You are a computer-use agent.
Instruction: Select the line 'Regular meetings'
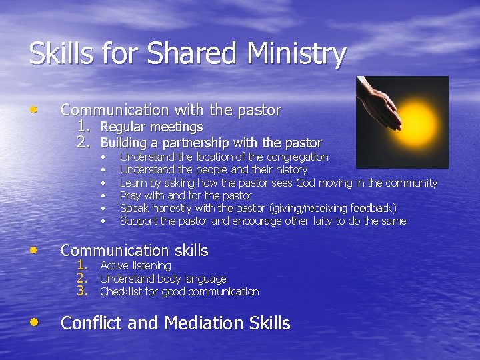coord(151,127)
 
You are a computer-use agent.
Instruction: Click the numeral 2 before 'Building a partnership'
coord(83,142)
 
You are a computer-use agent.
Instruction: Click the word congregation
coord(297,157)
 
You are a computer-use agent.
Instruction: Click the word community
coord(407,183)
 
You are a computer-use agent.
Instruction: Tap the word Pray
coord(131,195)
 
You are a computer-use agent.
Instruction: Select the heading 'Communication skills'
coord(134,251)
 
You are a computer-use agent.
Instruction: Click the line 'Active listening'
coord(135,266)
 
